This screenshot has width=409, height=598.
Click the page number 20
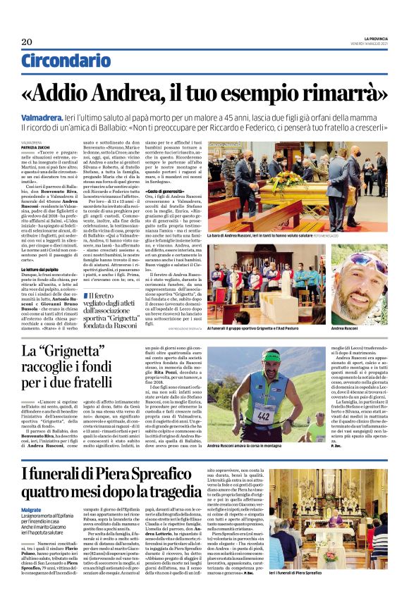pyautogui.click(x=27, y=42)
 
